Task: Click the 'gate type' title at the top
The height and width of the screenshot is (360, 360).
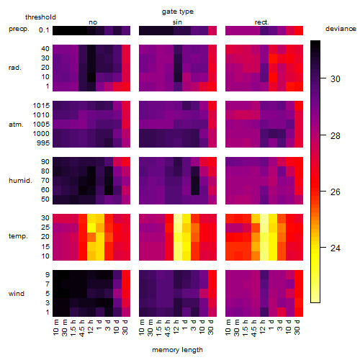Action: (178, 12)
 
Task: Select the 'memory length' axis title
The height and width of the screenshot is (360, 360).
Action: (177, 350)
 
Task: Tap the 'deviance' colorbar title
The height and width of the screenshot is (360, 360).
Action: (341, 29)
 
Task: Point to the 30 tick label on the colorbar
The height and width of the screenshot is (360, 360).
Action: (336, 78)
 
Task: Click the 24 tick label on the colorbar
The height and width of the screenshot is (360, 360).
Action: (336, 248)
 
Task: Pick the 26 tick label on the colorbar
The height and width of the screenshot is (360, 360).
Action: (336, 192)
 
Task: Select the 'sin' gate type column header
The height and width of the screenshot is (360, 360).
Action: (177, 22)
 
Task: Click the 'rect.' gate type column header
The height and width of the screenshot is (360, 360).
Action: (262, 22)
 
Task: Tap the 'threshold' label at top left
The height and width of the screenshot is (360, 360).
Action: (40, 17)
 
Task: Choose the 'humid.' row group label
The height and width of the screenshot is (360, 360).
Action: (20, 181)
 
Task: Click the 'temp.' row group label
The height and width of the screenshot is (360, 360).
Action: (18, 236)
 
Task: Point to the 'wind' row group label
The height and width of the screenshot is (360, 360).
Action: (17, 294)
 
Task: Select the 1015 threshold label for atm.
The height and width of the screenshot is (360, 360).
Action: (41, 106)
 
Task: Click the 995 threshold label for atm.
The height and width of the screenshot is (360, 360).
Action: (43, 143)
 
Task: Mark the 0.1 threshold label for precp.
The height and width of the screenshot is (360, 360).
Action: (44, 30)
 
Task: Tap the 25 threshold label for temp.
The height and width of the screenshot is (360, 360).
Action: (45, 227)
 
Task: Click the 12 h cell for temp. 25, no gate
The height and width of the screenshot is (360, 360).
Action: (91, 227)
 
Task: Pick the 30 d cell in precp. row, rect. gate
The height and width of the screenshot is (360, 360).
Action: (299, 30)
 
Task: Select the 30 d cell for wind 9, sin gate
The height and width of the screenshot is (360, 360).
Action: (212, 275)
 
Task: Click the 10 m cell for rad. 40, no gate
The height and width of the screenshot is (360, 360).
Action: (57, 49)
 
